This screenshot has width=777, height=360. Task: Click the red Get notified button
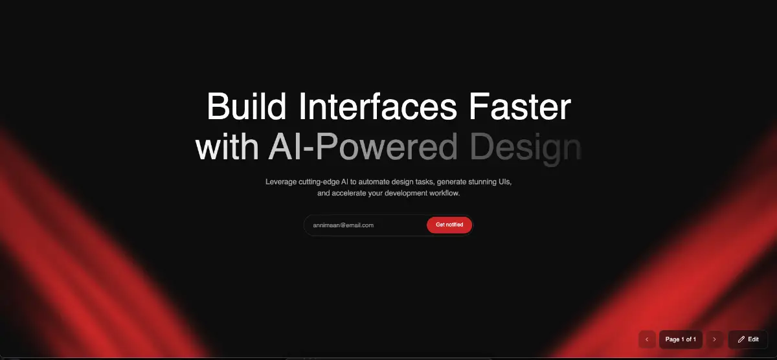[449, 225]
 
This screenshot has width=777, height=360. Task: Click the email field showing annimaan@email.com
[365, 225]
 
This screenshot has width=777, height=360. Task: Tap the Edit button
[748, 339]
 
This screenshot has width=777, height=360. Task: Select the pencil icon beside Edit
[741, 339]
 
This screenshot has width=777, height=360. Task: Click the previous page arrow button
[647, 339]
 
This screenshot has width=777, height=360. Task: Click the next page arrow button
[715, 339]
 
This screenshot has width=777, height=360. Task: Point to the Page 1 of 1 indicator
[681, 339]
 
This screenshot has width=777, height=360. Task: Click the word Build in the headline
[246, 106]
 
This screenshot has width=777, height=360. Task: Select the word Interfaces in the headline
[377, 106]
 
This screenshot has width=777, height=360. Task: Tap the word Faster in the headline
[520, 106]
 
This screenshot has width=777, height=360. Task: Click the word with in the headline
[227, 147]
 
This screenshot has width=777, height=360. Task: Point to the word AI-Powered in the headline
[363, 147]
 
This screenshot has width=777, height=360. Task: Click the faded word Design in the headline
[526, 148]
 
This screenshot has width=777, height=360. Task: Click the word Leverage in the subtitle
[281, 182]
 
